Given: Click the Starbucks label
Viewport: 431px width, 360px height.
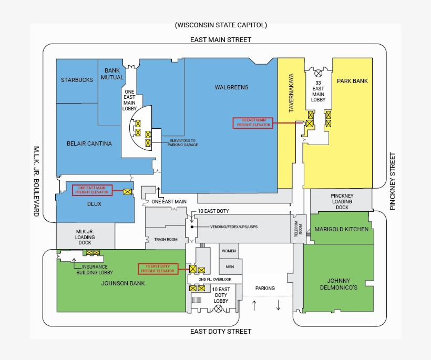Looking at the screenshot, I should tap(77, 80).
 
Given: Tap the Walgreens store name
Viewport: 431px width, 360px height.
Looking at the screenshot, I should tap(231, 87).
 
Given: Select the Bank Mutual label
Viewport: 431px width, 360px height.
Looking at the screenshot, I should tap(112, 74).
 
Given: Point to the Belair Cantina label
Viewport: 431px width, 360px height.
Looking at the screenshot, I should tap(89, 143).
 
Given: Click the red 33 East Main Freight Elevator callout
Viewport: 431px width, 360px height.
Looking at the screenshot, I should tap(253, 122).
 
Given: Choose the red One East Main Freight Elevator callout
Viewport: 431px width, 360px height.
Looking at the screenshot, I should tap(92, 190).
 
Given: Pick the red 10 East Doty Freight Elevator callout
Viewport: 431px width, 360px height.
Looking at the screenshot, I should tap(156, 269).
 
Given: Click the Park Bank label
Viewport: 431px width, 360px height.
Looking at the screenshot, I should tap(352, 81).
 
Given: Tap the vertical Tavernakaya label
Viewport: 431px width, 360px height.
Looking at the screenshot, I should tap(291, 92).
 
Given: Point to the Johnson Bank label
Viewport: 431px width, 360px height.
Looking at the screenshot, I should tap(122, 284).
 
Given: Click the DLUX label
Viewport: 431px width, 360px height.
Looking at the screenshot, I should tap(94, 204).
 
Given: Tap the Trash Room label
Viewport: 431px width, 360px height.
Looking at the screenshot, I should tap(166, 239).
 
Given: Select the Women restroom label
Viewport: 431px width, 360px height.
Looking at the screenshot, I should tap(229, 251).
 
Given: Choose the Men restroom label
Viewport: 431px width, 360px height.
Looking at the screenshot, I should tap(229, 266).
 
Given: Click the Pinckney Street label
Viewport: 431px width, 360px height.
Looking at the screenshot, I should tap(392, 181).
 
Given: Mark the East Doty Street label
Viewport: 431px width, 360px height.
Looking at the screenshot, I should tap(221, 331).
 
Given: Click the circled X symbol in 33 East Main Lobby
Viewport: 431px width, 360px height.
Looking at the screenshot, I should tap(318, 73).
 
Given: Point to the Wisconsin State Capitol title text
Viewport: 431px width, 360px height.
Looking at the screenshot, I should tap(221, 25).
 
